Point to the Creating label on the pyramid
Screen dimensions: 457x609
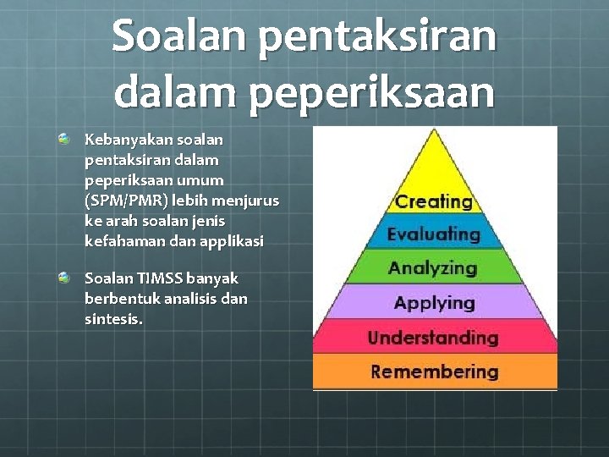(434, 201)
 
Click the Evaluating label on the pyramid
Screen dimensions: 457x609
(433, 234)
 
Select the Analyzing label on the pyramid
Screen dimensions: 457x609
(433, 268)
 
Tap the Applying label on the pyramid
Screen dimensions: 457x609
(434, 302)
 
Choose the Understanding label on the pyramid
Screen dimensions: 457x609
(433, 337)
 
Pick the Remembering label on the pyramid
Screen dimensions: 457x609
(435, 372)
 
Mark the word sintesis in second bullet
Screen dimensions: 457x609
(113, 319)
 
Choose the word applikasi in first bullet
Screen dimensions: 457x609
(232, 241)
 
